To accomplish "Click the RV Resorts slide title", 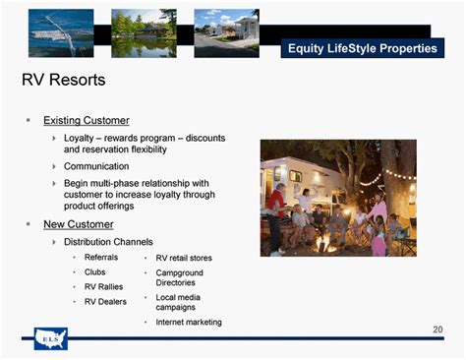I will (63, 79).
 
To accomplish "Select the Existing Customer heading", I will (86, 120).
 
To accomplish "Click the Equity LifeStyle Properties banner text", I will (362, 48).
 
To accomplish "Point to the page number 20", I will (437, 330).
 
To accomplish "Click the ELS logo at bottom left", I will (50, 337).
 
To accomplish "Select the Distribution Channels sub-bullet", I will (108, 241).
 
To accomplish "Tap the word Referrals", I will (101, 257).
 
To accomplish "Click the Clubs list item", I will (95, 271).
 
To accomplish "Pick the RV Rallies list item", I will (104, 287).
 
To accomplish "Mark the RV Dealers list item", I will (105, 302).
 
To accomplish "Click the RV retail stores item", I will (184, 258).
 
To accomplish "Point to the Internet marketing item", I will (189, 322).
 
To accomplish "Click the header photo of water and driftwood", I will (61, 32).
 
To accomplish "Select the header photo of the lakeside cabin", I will (144, 32).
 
